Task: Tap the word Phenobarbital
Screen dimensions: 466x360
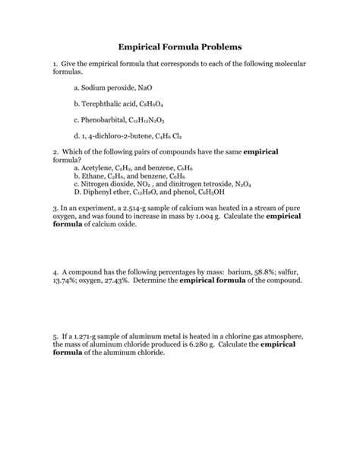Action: point(105,119)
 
